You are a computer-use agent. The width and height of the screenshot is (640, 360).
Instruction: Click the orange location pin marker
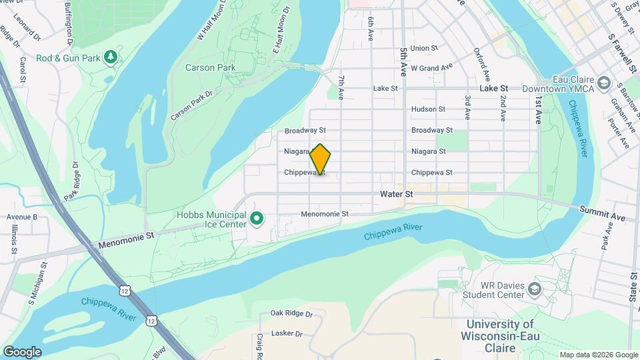[x=321, y=159]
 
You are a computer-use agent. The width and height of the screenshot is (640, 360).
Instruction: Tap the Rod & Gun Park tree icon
[x=111, y=57]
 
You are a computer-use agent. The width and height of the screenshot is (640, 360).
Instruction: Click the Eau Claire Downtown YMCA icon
[x=604, y=83]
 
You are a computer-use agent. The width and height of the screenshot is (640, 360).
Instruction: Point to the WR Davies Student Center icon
[x=534, y=289]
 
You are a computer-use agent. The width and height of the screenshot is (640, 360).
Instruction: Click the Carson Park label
[x=210, y=67]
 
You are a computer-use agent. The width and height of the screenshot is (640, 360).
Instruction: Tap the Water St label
[x=397, y=194]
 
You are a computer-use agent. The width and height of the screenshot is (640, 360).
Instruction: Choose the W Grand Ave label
[x=431, y=67]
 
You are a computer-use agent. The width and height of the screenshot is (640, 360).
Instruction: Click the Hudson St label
[x=428, y=109]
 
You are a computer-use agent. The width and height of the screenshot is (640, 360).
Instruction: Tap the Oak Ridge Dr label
[x=291, y=313]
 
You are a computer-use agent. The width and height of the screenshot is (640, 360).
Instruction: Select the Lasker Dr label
[x=287, y=333]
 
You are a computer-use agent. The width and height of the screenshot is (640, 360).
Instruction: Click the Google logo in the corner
[x=22, y=351]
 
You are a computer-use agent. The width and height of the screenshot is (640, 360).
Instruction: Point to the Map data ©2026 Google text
[x=598, y=355]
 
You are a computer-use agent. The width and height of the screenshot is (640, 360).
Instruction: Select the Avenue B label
[x=21, y=217]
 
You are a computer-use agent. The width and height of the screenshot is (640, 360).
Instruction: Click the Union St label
[x=424, y=48]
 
